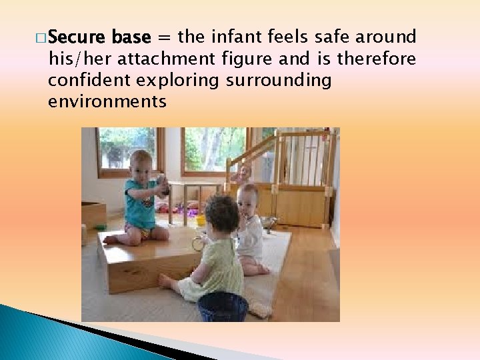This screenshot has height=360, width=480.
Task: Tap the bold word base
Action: pos(133,36)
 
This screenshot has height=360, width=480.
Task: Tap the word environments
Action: pos(107,102)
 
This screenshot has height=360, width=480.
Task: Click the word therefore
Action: pos(377,59)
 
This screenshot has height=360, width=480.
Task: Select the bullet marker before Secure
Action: pos(42,37)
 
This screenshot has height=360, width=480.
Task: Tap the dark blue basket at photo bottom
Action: pos(223,307)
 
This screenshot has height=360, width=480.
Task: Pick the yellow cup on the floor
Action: pos(200,221)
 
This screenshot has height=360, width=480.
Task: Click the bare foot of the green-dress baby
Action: pos(165,281)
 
